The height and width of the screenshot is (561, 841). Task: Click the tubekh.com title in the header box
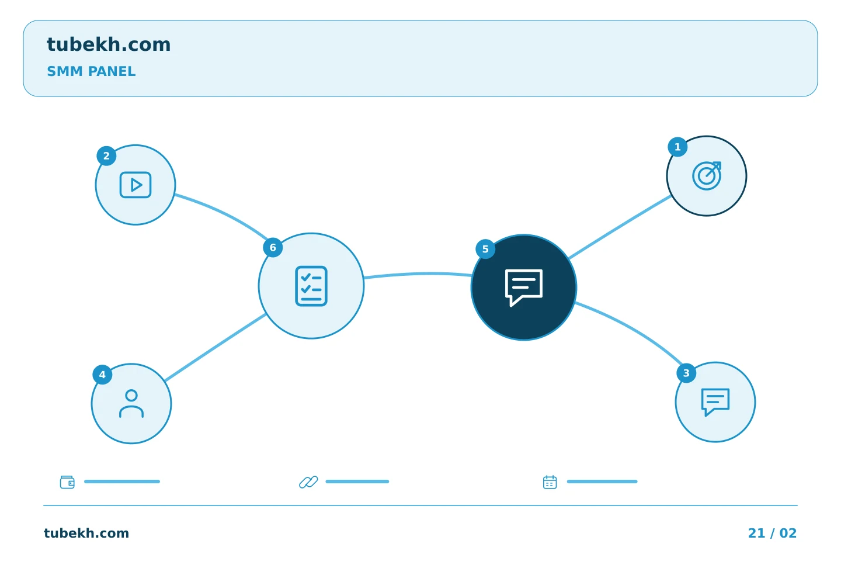click(x=109, y=44)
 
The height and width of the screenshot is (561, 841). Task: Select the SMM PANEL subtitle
click(x=91, y=71)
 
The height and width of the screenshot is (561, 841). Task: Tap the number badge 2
click(x=106, y=156)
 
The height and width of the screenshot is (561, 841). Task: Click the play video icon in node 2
click(x=135, y=185)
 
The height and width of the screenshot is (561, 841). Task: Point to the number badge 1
click(x=677, y=147)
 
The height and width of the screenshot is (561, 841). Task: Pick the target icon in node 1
click(x=707, y=176)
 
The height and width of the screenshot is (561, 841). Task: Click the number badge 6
click(x=273, y=248)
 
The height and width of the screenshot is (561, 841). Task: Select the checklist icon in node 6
click(x=311, y=286)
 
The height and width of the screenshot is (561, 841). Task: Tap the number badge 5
click(x=485, y=249)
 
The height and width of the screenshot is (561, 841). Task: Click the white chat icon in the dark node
click(x=524, y=288)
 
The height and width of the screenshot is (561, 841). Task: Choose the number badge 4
click(x=102, y=375)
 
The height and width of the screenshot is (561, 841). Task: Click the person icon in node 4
click(x=131, y=404)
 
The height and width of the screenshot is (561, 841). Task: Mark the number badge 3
click(x=686, y=373)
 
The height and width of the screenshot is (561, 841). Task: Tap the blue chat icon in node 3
click(x=715, y=402)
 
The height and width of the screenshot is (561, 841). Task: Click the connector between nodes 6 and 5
click(x=418, y=274)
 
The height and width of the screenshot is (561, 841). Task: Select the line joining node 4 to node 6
click(x=215, y=348)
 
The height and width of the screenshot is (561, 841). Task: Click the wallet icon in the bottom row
click(x=67, y=482)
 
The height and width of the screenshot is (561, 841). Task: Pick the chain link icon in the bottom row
click(x=308, y=482)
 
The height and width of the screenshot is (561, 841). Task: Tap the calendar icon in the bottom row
click(x=550, y=482)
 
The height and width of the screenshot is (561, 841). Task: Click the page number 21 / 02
click(x=772, y=533)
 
